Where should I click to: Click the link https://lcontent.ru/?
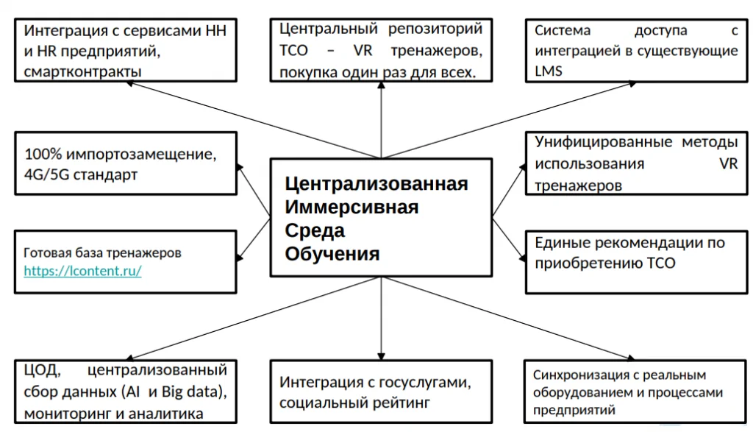click(82, 271)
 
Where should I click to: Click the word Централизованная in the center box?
click(376, 183)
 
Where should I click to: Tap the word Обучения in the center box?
click(332, 254)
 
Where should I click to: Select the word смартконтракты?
click(82, 71)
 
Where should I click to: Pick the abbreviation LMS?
click(549, 71)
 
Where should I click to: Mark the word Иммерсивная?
click(351, 207)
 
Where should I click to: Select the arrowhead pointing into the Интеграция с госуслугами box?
click(381, 355)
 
